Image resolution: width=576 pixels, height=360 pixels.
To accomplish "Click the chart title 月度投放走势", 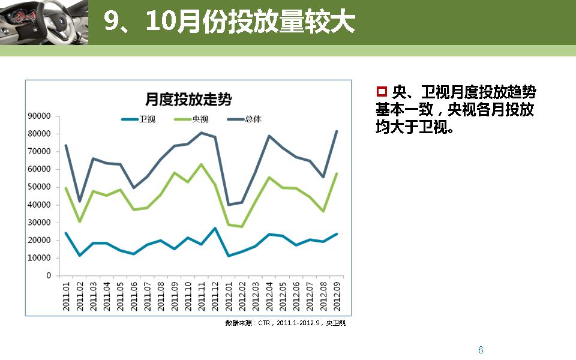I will pyautogui.click(x=188, y=99).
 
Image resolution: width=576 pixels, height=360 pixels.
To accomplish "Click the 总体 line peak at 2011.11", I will pyautogui.click(x=201, y=133).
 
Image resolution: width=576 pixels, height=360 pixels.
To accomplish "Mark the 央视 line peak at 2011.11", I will pyautogui.click(x=201, y=164).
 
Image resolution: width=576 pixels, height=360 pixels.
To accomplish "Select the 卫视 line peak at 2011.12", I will pyautogui.click(x=215, y=228).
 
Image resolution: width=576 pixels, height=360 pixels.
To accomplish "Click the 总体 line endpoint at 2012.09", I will pyautogui.click(x=337, y=131).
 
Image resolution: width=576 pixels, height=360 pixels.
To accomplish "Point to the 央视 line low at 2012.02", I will pyautogui.click(x=242, y=227).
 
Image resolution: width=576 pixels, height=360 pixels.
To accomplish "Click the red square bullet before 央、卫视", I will pyautogui.click(x=381, y=92).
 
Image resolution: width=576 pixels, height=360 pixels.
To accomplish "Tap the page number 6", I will pyautogui.click(x=481, y=350).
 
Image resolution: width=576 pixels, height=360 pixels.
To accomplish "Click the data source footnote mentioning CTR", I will pyautogui.click(x=286, y=323).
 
